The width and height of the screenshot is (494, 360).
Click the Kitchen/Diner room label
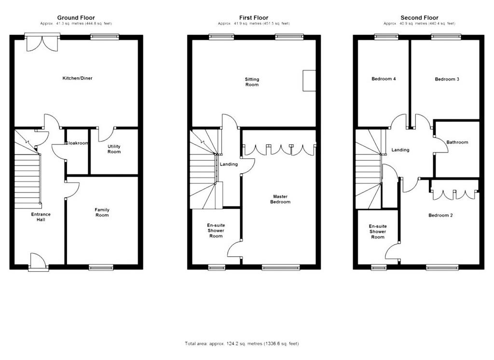(x=78, y=78)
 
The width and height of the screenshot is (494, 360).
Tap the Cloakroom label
(x=77, y=143)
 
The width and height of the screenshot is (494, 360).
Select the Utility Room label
(x=114, y=149)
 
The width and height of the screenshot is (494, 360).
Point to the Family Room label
(x=102, y=212)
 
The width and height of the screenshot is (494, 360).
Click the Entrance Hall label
(x=41, y=217)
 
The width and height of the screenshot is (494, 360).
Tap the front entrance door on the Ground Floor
(x=39, y=261)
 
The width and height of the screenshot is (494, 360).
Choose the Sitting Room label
(x=252, y=82)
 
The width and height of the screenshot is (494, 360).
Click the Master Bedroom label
(x=280, y=199)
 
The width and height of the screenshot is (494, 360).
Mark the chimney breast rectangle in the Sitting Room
(x=309, y=81)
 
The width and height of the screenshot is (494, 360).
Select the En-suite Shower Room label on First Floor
(x=216, y=231)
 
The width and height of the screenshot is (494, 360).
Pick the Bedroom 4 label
(x=384, y=79)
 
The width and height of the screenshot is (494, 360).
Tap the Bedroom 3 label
(x=447, y=79)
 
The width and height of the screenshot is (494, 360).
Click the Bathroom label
(x=457, y=142)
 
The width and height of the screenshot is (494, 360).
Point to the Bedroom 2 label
(x=441, y=215)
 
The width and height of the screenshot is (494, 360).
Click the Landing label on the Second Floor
(x=400, y=150)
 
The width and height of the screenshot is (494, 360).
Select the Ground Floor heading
(x=76, y=18)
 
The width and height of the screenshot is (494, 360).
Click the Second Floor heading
(x=419, y=18)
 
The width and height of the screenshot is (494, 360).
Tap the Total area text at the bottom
(x=242, y=344)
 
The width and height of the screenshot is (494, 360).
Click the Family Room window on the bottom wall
(x=101, y=268)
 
